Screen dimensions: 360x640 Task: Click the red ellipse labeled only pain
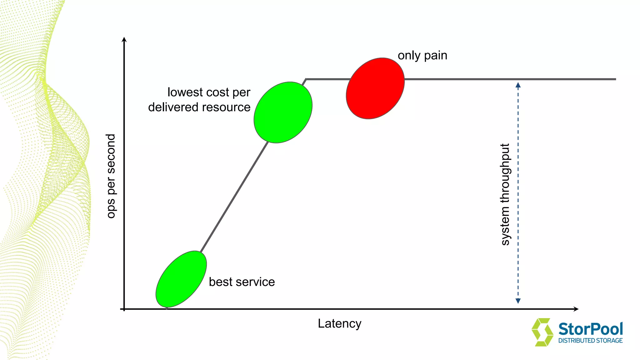click(x=375, y=88)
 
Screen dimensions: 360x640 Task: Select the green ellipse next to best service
click(x=181, y=279)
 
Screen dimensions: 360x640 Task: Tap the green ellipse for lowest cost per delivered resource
click(x=283, y=112)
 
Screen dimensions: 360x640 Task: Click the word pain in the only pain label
click(x=436, y=56)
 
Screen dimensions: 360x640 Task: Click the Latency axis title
click(x=339, y=323)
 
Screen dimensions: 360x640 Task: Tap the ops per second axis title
click(x=111, y=176)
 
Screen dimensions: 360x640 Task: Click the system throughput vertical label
click(x=505, y=194)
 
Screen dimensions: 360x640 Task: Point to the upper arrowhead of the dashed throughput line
click(x=518, y=85)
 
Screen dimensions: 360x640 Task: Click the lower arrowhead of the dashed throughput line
click(x=518, y=301)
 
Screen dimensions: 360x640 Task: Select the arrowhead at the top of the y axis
click(x=124, y=39)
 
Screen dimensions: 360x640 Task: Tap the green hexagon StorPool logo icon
click(x=542, y=332)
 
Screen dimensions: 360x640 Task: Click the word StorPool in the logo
click(x=590, y=329)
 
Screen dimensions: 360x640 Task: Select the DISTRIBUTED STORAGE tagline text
click(x=590, y=341)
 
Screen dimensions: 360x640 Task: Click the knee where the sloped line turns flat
click(x=306, y=79)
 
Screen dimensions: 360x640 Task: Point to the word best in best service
click(x=221, y=282)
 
